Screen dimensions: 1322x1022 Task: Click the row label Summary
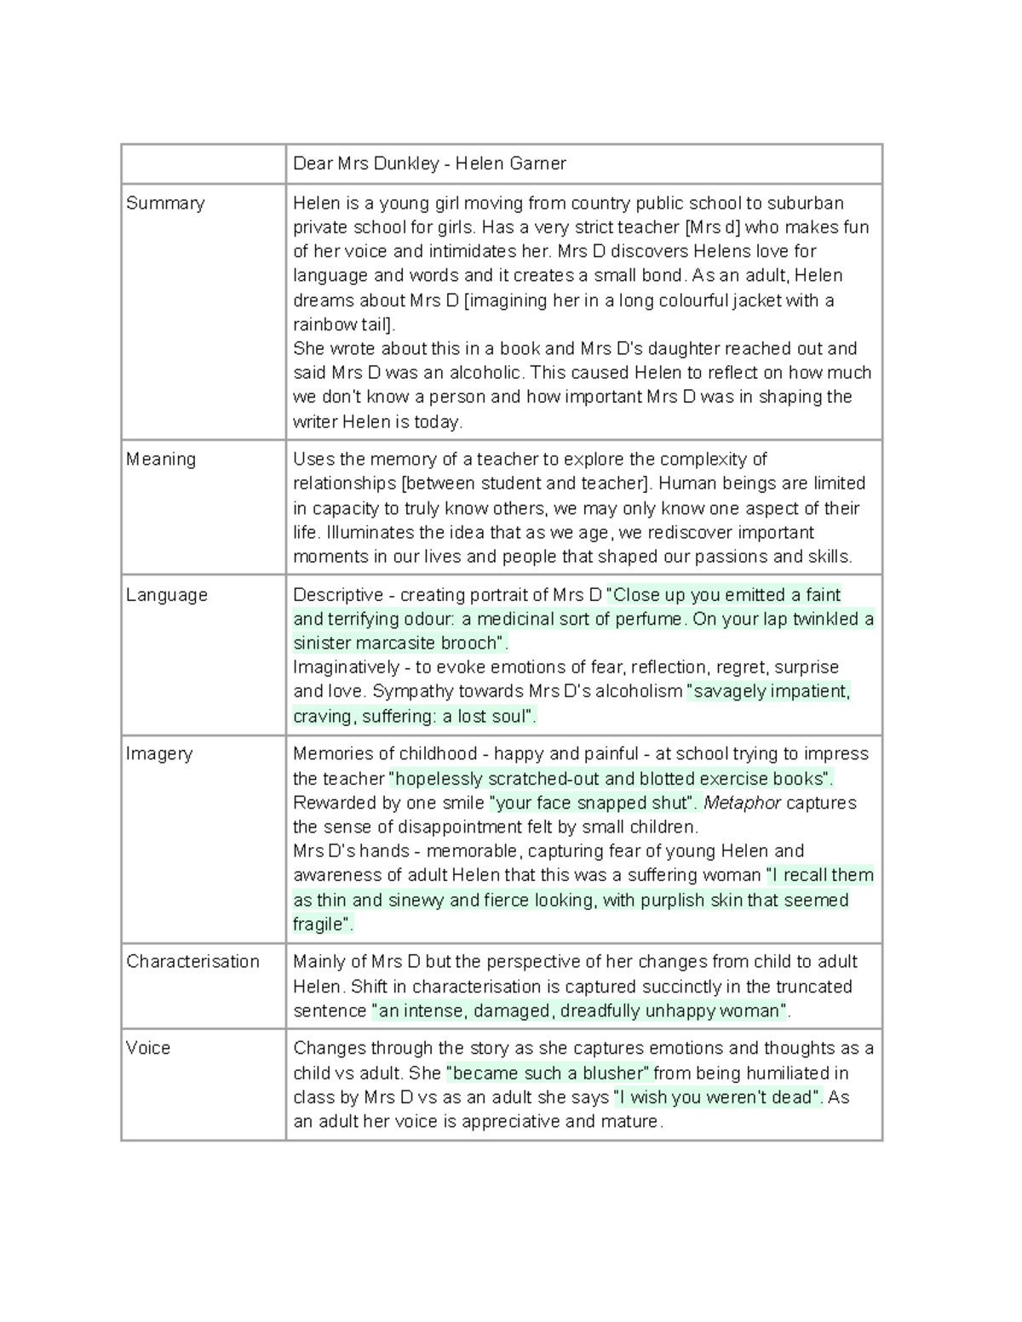(x=165, y=203)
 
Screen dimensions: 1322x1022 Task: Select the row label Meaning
(x=161, y=460)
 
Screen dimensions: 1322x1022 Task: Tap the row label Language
(x=167, y=595)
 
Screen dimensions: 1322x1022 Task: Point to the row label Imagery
(x=159, y=754)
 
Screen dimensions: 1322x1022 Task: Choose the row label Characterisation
(x=192, y=962)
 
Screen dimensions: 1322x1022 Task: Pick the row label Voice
(x=148, y=1049)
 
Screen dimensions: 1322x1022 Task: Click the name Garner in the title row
(x=537, y=163)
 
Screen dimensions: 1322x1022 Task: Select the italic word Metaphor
(x=742, y=804)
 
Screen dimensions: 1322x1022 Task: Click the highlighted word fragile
(x=319, y=924)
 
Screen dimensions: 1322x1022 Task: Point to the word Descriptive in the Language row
(x=338, y=595)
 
